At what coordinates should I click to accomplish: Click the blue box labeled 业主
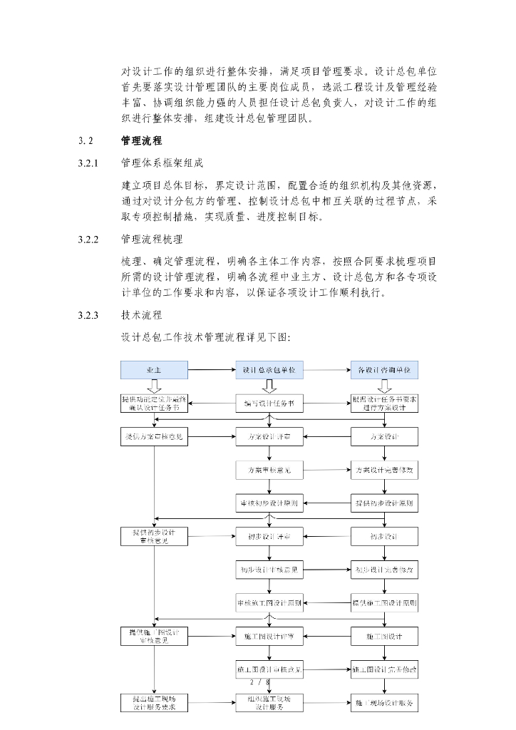pyautogui.click(x=154, y=370)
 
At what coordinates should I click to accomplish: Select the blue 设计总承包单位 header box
pyautogui.click(x=269, y=370)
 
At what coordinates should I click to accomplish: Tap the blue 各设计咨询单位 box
pyautogui.click(x=385, y=370)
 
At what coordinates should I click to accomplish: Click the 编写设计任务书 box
pyautogui.click(x=269, y=403)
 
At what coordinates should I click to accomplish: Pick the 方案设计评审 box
pyautogui.click(x=269, y=436)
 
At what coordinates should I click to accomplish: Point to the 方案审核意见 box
pyautogui.click(x=269, y=470)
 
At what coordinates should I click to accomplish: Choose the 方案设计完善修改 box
pyautogui.click(x=385, y=470)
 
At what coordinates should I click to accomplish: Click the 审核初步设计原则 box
pyautogui.click(x=269, y=503)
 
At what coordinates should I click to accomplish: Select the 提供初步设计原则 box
pyautogui.click(x=385, y=503)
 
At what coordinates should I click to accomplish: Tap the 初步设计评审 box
pyautogui.click(x=269, y=536)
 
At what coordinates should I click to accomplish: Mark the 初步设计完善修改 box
pyautogui.click(x=385, y=570)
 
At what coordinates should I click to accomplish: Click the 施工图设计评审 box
pyautogui.click(x=269, y=636)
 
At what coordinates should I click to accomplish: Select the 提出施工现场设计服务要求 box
pyautogui.click(x=154, y=702)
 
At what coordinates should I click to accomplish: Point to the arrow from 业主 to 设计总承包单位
pyautogui.click(x=212, y=370)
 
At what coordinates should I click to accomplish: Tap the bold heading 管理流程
pyautogui.click(x=142, y=141)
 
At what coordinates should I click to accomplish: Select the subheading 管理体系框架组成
pyautogui.click(x=162, y=163)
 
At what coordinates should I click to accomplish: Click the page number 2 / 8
pyautogui.click(x=261, y=683)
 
